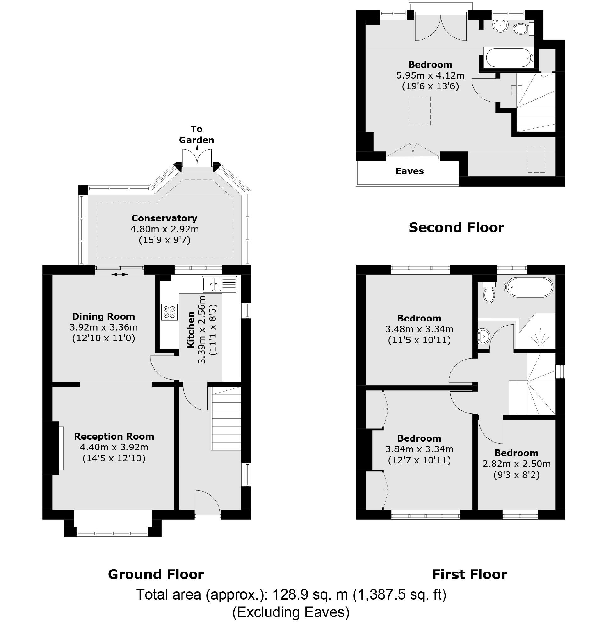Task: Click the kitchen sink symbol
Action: click(x=219, y=284)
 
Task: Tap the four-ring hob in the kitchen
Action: click(x=169, y=312)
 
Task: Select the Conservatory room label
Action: click(x=164, y=218)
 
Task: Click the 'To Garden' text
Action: click(x=196, y=134)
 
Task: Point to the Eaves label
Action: click(x=410, y=171)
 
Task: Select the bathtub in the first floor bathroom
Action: click(x=529, y=287)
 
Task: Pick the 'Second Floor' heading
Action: click(x=456, y=227)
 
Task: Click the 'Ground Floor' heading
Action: click(x=156, y=574)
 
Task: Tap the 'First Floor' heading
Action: click(x=469, y=574)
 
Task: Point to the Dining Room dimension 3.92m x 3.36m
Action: click(x=103, y=327)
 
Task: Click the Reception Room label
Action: click(x=114, y=437)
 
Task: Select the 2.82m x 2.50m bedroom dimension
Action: click(x=516, y=464)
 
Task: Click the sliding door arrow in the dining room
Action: click(x=120, y=275)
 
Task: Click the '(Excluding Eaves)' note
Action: click(x=291, y=612)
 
